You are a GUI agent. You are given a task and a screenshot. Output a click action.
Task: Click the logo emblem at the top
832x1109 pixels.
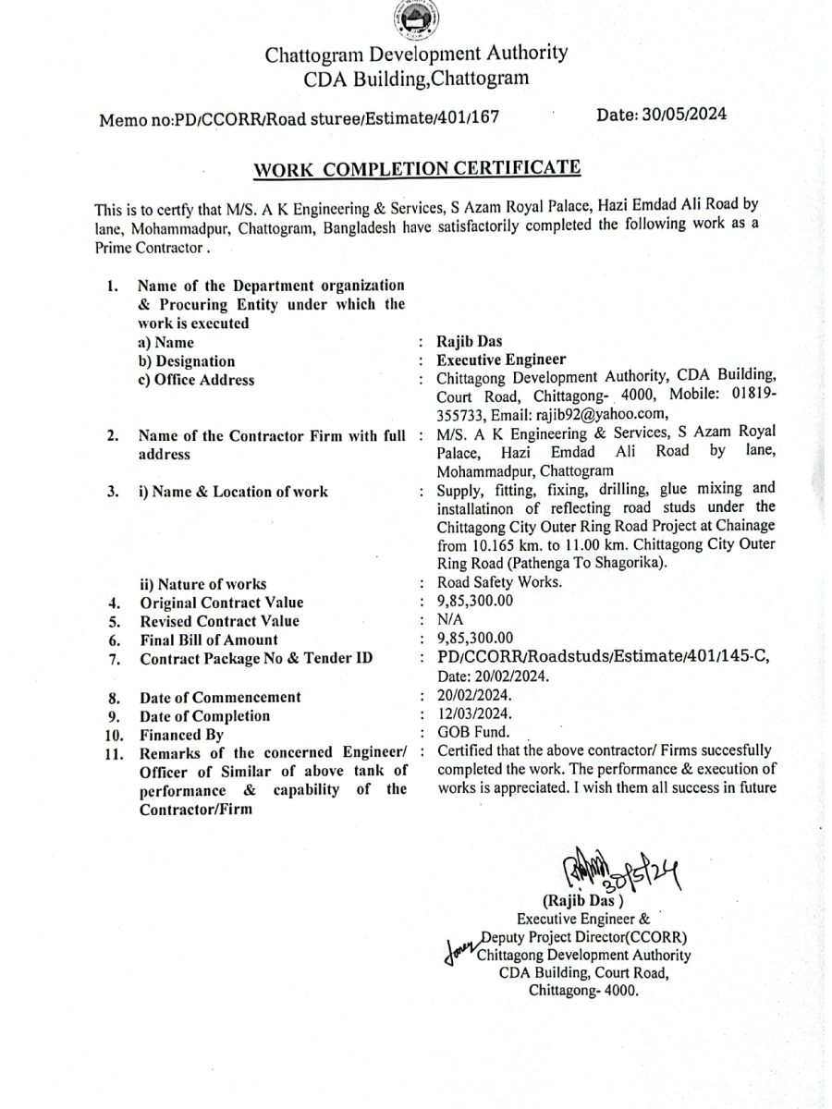415,20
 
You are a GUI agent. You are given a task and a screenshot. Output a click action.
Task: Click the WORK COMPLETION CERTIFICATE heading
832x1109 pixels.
417,169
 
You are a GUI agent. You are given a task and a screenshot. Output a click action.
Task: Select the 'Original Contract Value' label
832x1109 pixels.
221,602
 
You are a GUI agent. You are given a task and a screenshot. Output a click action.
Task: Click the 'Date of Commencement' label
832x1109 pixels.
220,697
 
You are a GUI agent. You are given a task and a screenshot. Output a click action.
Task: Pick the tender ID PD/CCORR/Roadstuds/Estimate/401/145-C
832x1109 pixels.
606,657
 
